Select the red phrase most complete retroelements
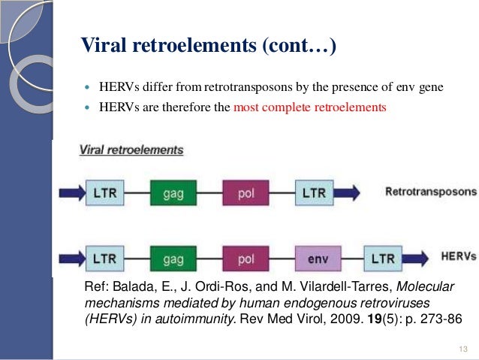click(x=309, y=107)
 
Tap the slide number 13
click(x=461, y=346)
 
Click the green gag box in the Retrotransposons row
click(x=173, y=193)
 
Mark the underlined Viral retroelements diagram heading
click(x=131, y=150)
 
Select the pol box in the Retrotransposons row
click(x=246, y=193)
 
